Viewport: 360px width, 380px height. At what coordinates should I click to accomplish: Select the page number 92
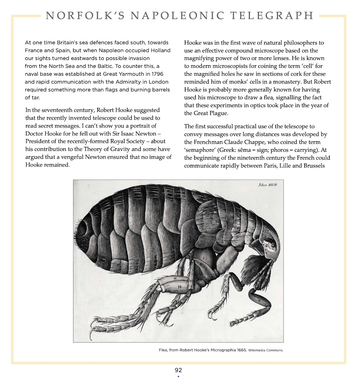tap(178, 370)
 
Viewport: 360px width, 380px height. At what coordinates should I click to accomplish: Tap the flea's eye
tap(273, 246)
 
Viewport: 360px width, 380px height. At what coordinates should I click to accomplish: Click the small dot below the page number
tap(178, 376)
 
